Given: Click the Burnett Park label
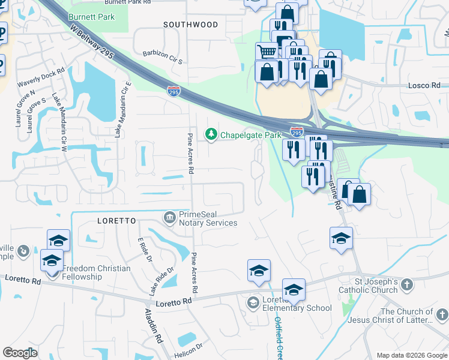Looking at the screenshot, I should click(x=91, y=17).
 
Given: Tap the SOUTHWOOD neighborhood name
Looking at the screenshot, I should click(x=190, y=25).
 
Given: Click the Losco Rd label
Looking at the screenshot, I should click(x=424, y=86).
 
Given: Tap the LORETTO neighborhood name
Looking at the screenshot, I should click(x=116, y=221).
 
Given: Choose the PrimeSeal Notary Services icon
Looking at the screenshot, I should click(x=171, y=217).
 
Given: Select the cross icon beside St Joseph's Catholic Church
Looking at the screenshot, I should click(x=407, y=286).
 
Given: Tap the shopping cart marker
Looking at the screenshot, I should click(x=266, y=51).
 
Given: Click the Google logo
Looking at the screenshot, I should click(x=20, y=353).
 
